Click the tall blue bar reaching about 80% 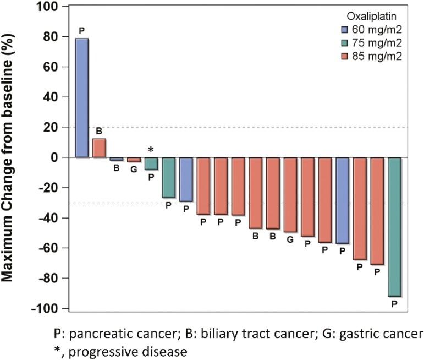(x=82, y=98)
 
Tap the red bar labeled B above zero (x=99, y=148)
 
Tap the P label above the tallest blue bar (x=82, y=30)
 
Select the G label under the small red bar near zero (x=134, y=170)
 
